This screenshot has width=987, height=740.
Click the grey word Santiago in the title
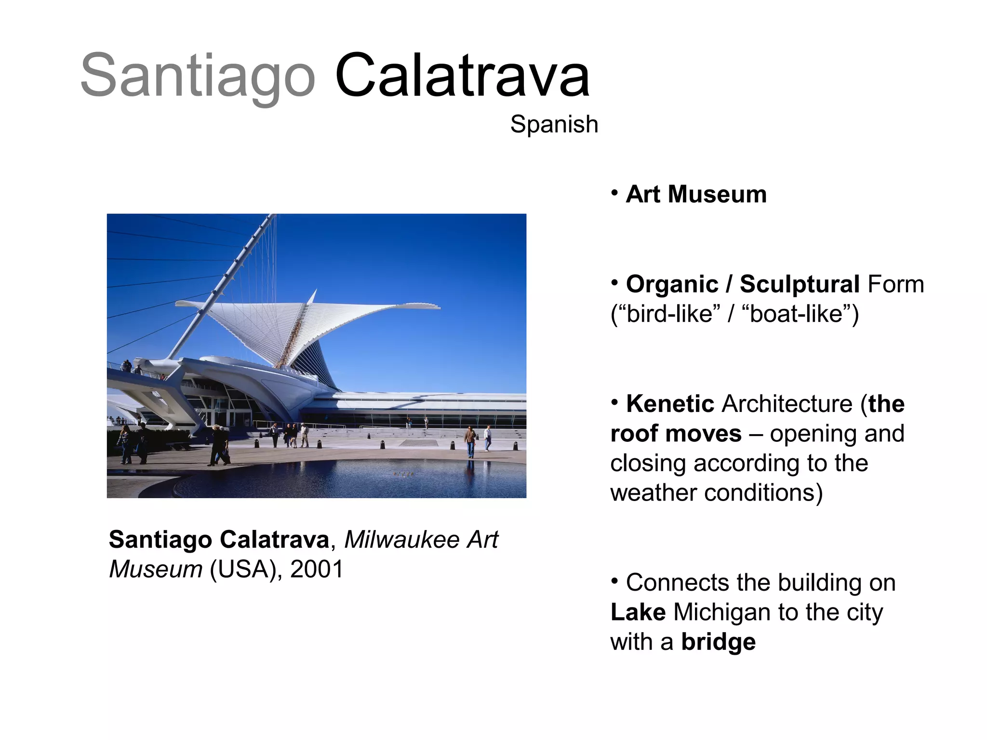tap(198, 77)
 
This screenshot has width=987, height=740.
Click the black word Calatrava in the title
tap(462, 77)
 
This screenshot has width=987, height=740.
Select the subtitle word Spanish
tap(554, 125)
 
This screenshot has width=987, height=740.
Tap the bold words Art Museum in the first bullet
tap(695, 195)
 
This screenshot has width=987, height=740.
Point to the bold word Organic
tap(672, 284)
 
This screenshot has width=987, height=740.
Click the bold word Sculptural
tap(799, 284)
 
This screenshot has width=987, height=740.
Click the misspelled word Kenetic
tap(669, 404)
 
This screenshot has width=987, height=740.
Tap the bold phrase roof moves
tap(676, 434)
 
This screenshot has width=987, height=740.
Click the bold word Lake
tap(638, 612)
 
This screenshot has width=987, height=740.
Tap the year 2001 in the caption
tap(317, 569)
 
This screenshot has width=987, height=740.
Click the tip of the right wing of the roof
tap(436, 306)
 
